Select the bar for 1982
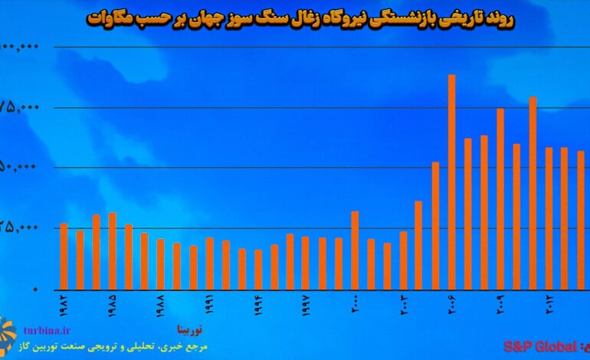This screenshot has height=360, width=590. [64, 256]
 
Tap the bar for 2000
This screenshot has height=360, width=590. [355, 250]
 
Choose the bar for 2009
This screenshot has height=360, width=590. [500, 198]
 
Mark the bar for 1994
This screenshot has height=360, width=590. [258, 269]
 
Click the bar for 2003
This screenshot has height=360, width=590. [404, 260]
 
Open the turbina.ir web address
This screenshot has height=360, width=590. [48, 330]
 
